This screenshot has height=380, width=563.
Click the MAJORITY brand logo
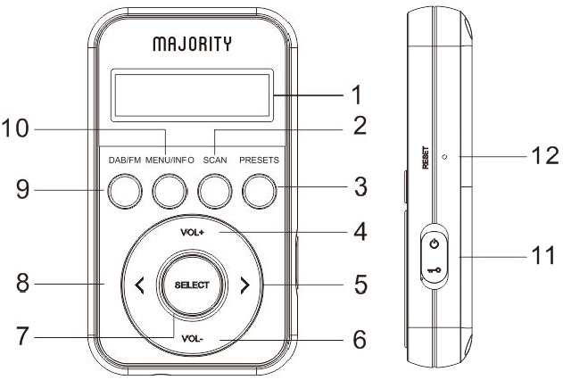[192, 44]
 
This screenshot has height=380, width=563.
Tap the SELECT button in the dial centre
[192, 285]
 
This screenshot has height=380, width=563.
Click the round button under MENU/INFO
[170, 191]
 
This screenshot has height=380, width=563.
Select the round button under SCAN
[215, 191]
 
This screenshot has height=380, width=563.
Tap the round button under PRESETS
[260, 191]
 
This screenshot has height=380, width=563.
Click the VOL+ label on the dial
[193, 233]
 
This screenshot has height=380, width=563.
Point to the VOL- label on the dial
[193, 338]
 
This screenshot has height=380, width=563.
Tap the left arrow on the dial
[139, 285]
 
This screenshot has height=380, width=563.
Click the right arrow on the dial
[244, 285]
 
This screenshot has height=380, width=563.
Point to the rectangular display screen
[192, 95]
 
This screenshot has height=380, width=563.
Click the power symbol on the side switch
[435, 244]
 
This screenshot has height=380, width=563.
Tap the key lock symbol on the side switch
[435, 270]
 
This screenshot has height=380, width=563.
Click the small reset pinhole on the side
[444, 157]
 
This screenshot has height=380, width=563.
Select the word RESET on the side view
[426, 157]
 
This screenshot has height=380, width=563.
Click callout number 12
[545, 156]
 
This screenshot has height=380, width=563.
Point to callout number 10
[15, 128]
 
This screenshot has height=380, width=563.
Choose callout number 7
[22, 336]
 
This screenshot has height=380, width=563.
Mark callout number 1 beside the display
[357, 95]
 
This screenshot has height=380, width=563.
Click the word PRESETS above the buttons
[260, 160]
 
